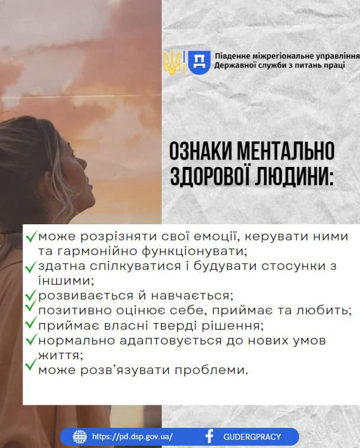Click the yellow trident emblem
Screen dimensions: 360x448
(x=172, y=63)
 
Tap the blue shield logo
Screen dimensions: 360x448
(x=199, y=62)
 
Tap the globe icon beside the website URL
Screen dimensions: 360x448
(x=80, y=437)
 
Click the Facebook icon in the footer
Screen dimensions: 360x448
(x=210, y=437)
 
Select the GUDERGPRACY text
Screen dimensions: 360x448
(x=252, y=437)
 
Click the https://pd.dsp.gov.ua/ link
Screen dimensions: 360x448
(x=133, y=437)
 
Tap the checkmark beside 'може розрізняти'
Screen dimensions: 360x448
(x=31, y=237)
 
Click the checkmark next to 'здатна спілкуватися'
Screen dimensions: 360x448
(x=31, y=267)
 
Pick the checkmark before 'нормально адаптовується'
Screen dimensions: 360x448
(x=31, y=340)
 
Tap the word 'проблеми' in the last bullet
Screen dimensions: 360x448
(x=211, y=370)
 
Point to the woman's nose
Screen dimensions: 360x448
(x=83, y=164)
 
